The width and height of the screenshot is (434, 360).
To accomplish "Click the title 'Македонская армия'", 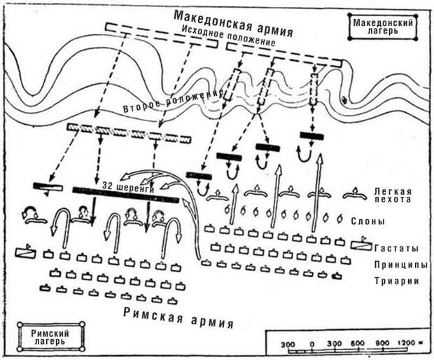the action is [x=233, y=23].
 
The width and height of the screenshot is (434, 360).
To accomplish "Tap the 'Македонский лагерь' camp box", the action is [x=383, y=27].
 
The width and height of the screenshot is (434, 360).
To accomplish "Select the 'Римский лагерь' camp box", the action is [x=50, y=337].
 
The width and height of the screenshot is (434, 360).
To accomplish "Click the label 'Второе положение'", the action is [x=173, y=102].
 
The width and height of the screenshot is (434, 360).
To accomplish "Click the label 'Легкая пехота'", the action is [x=393, y=195].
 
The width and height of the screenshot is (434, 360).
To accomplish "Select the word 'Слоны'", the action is [x=367, y=221].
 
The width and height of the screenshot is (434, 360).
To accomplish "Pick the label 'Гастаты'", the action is [x=396, y=249].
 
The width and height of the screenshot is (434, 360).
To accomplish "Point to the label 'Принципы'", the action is [x=401, y=265].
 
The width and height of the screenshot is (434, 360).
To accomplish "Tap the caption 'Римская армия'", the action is [x=178, y=317].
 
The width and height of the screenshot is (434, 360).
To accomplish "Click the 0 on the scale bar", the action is [x=312, y=345].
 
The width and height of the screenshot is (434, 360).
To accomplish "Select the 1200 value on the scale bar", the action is [x=407, y=342].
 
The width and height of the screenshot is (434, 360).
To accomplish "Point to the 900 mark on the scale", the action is [x=382, y=343].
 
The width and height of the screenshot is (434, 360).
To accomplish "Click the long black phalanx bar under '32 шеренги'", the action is [x=126, y=195].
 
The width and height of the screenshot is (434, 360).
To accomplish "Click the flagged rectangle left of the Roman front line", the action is [x=26, y=251].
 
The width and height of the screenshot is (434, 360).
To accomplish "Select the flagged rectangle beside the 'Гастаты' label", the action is [x=362, y=244].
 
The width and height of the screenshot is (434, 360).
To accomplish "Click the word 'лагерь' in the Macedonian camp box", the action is [x=382, y=31].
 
